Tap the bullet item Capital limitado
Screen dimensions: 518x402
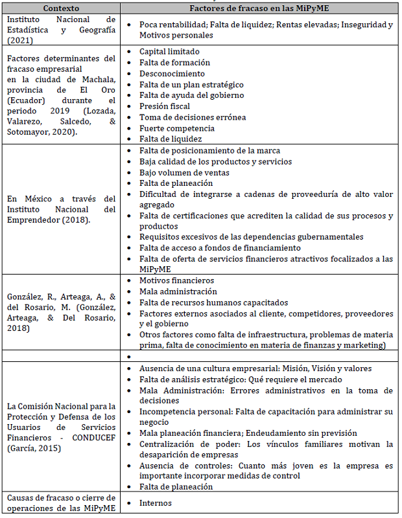(x=169, y=51)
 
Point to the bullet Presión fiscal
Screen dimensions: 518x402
(x=165, y=106)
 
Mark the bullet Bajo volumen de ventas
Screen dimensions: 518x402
(x=184, y=173)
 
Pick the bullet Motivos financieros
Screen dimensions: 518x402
(x=176, y=280)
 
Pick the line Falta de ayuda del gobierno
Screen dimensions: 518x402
(x=191, y=95)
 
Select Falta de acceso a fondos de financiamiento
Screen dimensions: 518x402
(x=220, y=247)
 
